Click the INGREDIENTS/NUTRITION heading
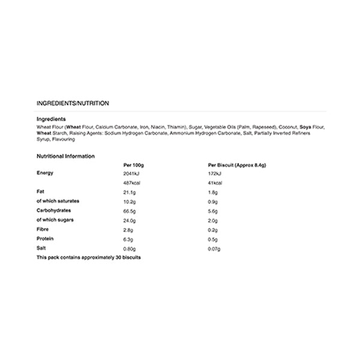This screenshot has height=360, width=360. tap(73, 103)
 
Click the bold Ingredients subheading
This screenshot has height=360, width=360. tap(51, 119)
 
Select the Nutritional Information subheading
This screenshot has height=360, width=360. tap(65, 156)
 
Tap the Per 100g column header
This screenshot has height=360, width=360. tap(134, 164)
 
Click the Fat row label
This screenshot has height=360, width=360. tap(41, 191)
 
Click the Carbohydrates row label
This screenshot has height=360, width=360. tap(55, 211)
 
